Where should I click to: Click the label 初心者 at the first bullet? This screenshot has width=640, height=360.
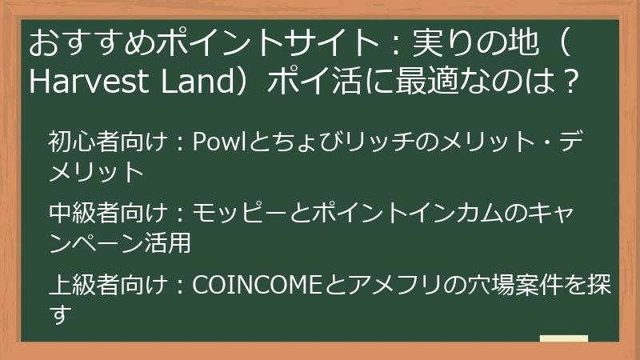(79, 143)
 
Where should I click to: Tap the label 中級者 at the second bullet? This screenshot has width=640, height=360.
(79, 214)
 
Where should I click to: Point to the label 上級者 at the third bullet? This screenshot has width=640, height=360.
(79, 285)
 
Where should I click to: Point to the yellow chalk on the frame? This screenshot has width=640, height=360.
(564, 338)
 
